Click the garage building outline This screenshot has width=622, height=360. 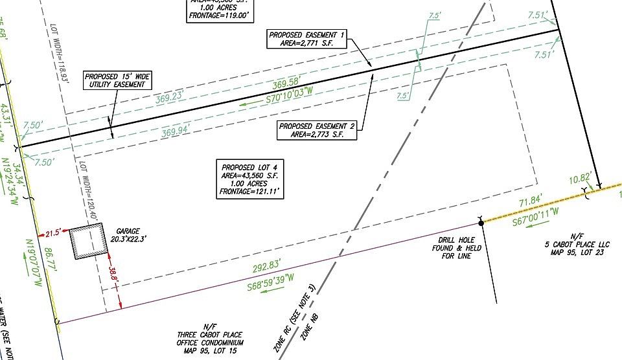[87, 242]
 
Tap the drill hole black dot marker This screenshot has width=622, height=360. [481, 223]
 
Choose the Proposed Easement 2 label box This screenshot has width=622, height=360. [317, 130]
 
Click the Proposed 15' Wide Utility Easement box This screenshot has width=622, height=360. [119, 80]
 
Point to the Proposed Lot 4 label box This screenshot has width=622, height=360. [249, 180]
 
